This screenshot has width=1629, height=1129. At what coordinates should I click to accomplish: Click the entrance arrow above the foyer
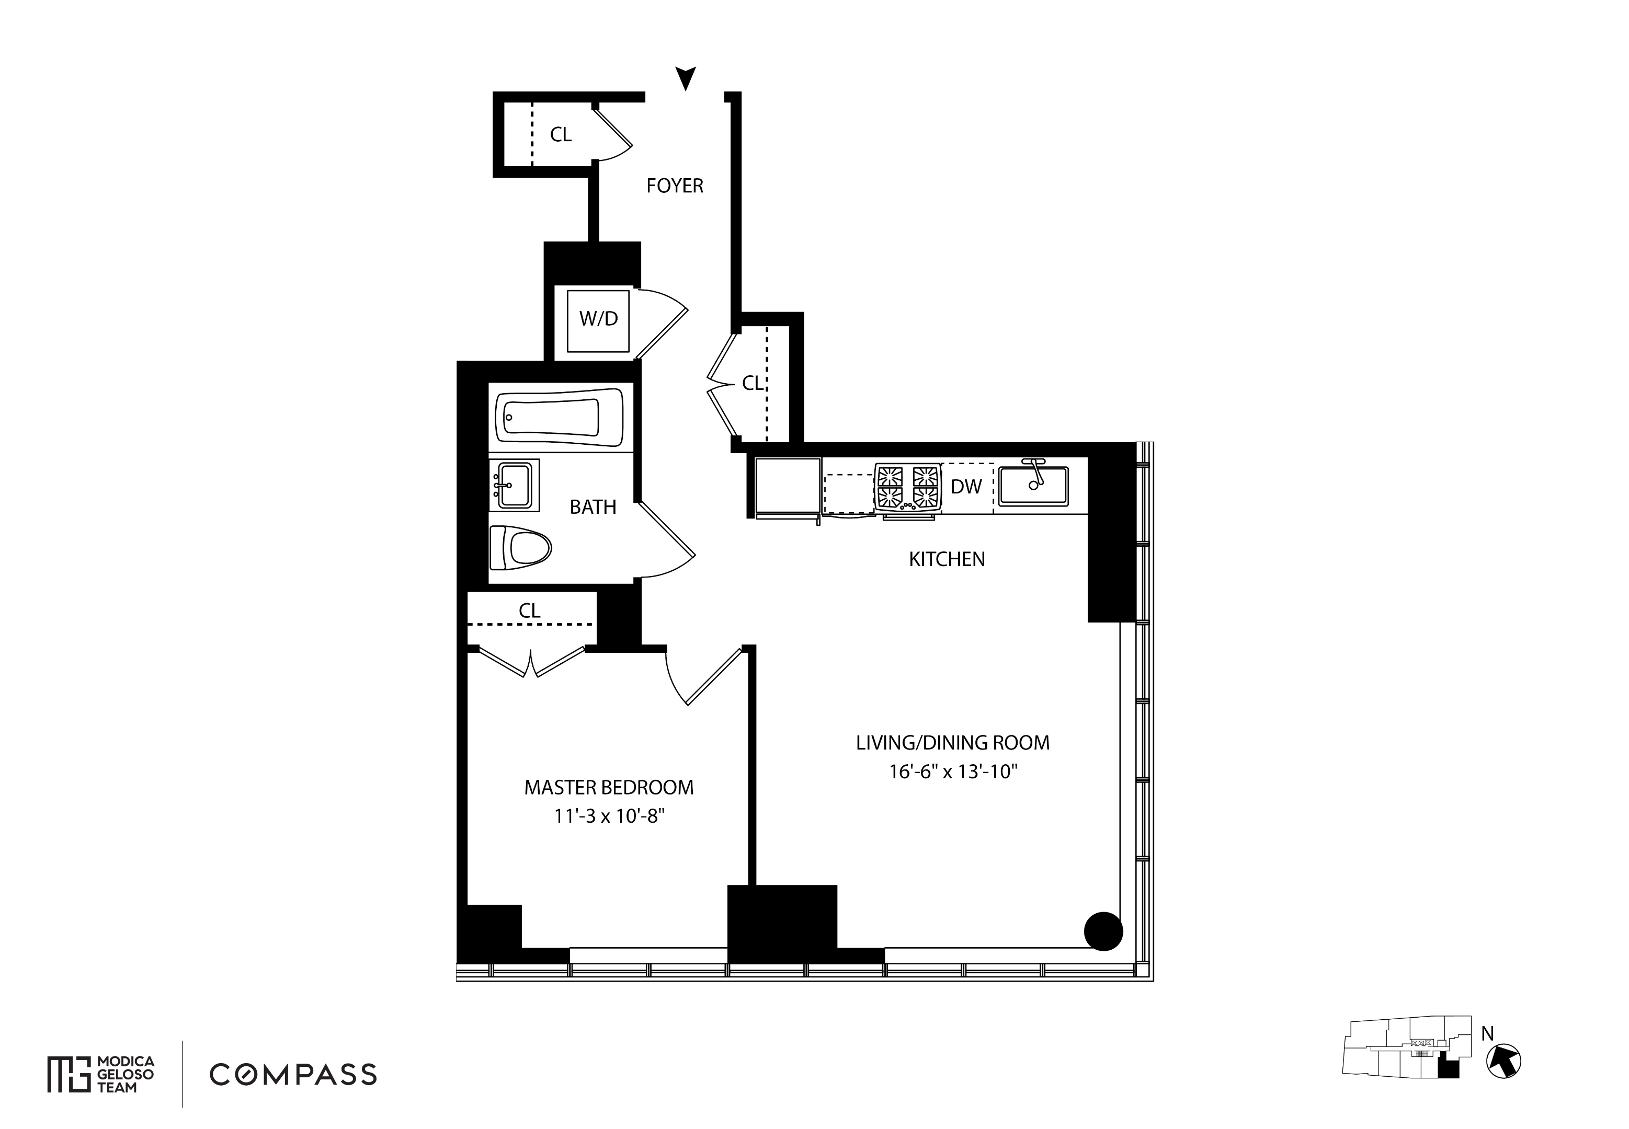tap(685, 77)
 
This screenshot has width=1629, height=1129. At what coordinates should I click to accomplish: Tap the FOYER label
tap(675, 186)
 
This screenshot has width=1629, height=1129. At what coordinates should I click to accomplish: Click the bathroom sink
tap(515, 485)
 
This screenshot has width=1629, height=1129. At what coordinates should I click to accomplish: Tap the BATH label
tap(593, 507)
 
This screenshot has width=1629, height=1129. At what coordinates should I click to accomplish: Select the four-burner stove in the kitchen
tap(908, 487)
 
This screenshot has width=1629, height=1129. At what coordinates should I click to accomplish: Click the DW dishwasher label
tap(966, 487)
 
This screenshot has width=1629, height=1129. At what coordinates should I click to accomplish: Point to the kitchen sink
tap(1034, 485)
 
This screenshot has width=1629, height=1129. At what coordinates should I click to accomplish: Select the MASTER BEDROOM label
tap(609, 787)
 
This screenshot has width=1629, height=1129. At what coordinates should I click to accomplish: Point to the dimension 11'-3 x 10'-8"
tap(609, 816)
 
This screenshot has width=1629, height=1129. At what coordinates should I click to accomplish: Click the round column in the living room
tap(1103, 931)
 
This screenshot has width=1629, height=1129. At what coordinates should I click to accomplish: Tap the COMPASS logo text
tap(293, 1075)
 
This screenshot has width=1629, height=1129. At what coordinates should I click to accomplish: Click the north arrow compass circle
tap(1503, 1062)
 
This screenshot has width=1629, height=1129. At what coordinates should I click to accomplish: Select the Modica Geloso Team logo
tap(100, 1075)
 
